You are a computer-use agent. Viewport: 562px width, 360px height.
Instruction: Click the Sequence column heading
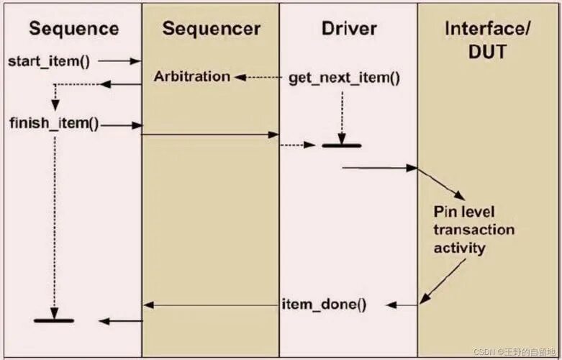tap(73, 29)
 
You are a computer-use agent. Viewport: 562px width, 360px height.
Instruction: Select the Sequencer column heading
tap(211, 29)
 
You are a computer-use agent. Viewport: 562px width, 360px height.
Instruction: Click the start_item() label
tap(49, 60)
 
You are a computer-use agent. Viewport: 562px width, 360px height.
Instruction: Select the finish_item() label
tap(55, 123)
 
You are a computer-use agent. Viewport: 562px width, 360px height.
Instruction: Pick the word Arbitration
tap(191, 76)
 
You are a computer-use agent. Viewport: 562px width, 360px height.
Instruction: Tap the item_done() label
tap(324, 305)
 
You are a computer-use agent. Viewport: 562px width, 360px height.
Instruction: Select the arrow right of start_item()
tap(119, 61)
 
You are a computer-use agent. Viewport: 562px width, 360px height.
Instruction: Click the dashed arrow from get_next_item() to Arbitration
tap(259, 76)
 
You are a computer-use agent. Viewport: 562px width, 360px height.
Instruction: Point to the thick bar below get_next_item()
tap(341, 146)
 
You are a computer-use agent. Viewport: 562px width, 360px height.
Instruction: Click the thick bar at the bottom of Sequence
tap(54, 320)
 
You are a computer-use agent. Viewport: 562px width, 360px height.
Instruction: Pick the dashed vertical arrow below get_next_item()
tap(342, 115)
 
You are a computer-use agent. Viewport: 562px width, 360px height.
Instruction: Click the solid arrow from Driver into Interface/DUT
tap(379, 168)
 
